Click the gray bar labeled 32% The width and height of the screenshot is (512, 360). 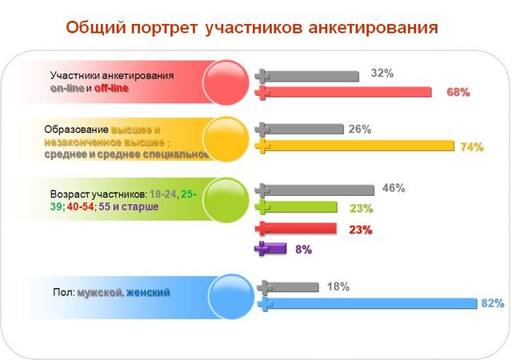point(308,76)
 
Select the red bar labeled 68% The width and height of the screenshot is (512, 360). point(344,93)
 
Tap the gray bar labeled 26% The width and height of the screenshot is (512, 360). point(300,129)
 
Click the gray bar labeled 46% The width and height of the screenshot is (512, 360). point(315,190)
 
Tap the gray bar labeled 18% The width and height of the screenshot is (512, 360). point(288,286)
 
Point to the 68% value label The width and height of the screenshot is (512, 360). point(458,93)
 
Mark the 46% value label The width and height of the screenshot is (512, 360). point(394,189)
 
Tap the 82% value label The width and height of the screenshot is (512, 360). point(492,304)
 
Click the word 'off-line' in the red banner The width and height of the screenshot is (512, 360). point(111,88)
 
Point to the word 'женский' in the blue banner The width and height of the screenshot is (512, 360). point(148,293)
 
